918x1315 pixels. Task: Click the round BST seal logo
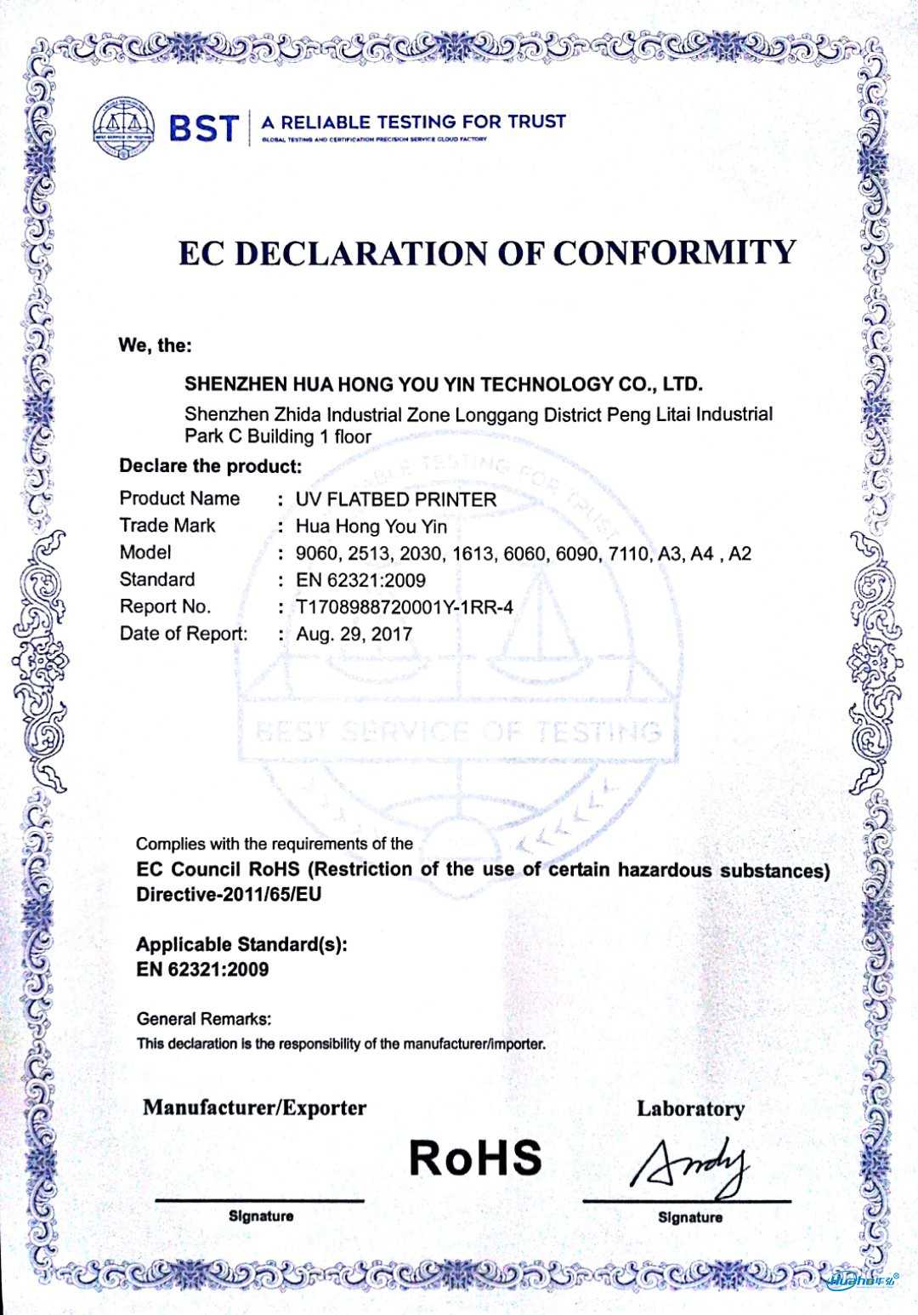[x=123, y=128]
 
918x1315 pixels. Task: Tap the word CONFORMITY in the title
[x=675, y=253]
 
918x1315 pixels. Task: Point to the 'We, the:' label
[x=155, y=345]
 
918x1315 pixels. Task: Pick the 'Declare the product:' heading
[x=211, y=466]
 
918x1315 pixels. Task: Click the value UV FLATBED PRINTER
[x=395, y=499]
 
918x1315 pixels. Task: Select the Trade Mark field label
[x=167, y=526]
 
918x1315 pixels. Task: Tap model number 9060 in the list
[x=316, y=554]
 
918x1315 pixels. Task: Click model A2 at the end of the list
[x=739, y=554]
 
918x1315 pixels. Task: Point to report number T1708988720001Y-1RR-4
[x=405, y=607]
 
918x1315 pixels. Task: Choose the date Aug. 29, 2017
[x=354, y=635]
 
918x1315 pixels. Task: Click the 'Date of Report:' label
[x=184, y=634]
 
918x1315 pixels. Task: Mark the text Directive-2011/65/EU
[x=229, y=895]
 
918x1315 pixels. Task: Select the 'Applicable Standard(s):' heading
[x=241, y=944]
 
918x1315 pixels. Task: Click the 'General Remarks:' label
[x=204, y=1019]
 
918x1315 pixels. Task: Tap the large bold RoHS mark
[x=474, y=1158]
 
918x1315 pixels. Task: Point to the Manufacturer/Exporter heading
[x=254, y=1107]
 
